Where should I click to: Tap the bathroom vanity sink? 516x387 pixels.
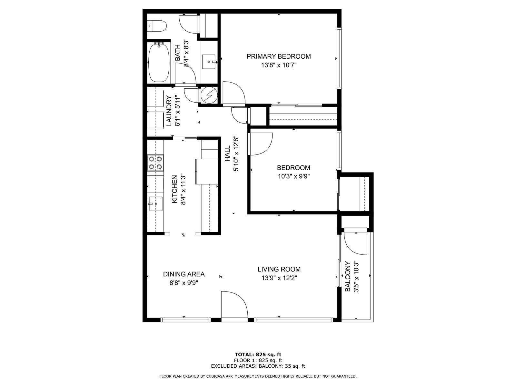coord(209,62)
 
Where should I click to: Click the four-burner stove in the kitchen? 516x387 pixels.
coord(155,163)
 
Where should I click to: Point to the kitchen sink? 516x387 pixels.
coord(155,204)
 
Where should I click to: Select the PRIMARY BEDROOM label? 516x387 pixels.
coord(279,56)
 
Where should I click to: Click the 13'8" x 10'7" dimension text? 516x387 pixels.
coord(279,65)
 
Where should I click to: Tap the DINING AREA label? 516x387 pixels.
coord(184,274)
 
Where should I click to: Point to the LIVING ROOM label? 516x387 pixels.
coord(279,269)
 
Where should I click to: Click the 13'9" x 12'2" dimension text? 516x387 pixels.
coord(279,278)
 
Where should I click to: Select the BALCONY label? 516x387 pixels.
coord(348,277)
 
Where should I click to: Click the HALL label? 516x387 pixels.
coord(228,154)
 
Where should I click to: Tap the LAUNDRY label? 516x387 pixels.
coord(169,111)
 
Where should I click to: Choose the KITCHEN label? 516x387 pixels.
coord(175,189)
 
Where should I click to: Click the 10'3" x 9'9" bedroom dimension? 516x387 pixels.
coord(293,176)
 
